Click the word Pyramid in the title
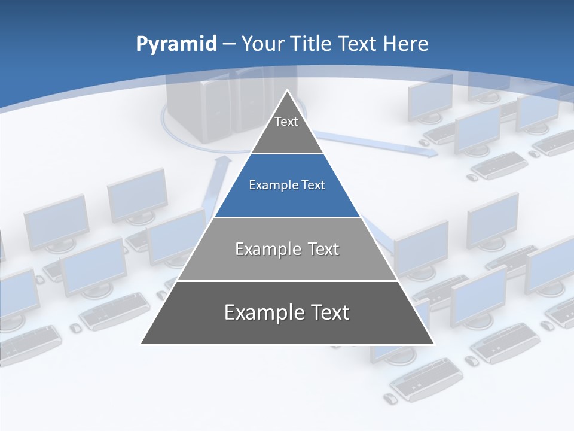[176, 44]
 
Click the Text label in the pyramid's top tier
[286, 122]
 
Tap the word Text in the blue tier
[314, 186]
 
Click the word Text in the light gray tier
[323, 249]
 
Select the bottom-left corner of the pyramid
[142, 344]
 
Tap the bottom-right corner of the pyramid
[433, 344]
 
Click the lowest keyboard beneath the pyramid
[426, 379]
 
